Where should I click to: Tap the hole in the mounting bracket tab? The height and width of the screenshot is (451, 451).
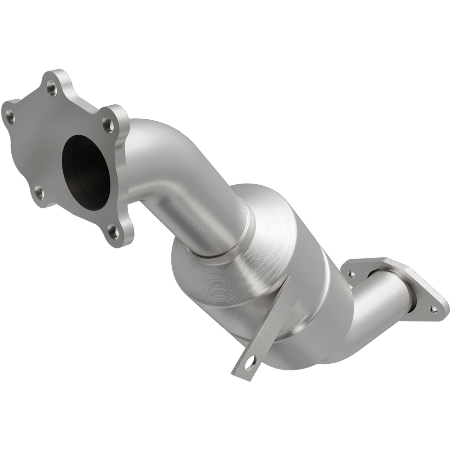tap(253, 390)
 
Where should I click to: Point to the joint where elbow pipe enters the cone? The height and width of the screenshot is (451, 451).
tap(223, 241)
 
